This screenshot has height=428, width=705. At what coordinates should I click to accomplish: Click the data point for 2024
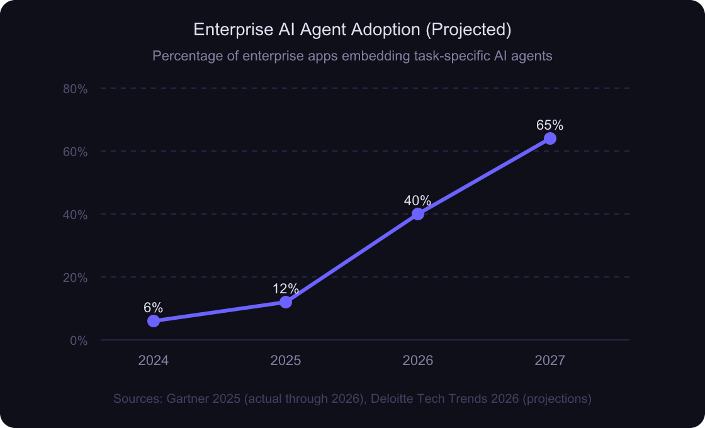[154, 321]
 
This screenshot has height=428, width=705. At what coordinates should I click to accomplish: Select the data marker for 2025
[286, 302]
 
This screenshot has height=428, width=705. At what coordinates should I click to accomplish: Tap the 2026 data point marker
[418, 214]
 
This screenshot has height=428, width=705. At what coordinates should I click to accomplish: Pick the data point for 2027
[550, 138]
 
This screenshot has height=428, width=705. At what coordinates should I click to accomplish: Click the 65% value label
[550, 125]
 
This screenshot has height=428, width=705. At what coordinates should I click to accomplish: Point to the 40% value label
[417, 201]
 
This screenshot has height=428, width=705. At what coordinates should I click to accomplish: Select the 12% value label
[286, 289]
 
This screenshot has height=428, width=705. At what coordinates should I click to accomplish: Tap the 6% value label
[153, 308]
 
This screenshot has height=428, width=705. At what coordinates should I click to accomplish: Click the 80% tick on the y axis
[75, 89]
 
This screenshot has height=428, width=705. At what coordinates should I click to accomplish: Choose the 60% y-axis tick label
[75, 152]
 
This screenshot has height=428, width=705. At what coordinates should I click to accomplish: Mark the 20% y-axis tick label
[75, 278]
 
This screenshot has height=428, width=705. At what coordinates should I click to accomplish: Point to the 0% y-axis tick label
[78, 341]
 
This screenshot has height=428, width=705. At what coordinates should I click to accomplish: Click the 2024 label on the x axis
[154, 361]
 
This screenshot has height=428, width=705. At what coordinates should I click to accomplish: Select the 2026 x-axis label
[418, 361]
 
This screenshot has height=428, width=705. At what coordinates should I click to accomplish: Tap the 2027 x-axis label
[550, 361]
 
